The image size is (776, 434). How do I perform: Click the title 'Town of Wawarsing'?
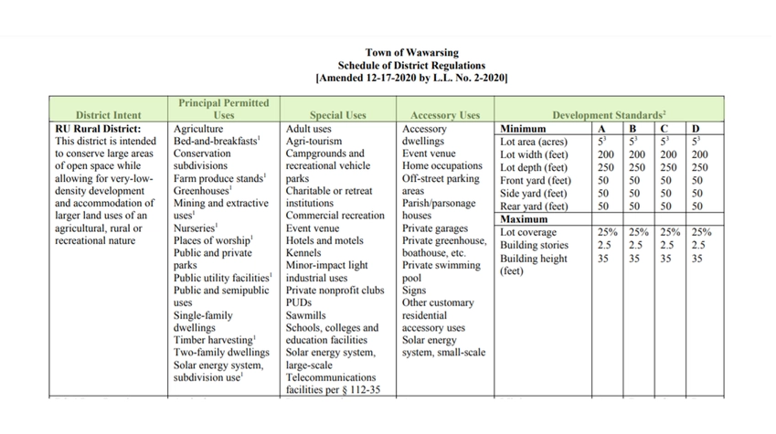(411, 53)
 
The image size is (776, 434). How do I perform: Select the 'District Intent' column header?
(108, 116)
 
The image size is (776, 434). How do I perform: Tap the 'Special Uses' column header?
(337, 116)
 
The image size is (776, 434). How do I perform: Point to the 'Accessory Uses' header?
(444, 116)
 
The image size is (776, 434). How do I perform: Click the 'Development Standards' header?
(603, 116)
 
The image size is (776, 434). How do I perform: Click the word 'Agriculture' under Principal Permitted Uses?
(198, 130)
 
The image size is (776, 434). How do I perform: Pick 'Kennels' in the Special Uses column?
(304, 253)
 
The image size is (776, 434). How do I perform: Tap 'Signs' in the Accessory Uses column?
(414, 291)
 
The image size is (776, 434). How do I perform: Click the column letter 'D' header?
(696, 130)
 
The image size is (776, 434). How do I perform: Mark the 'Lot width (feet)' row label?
(534, 155)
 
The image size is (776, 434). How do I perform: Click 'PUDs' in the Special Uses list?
(300, 302)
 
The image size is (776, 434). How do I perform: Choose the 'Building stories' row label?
(534, 246)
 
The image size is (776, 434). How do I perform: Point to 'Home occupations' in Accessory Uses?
(442, 167)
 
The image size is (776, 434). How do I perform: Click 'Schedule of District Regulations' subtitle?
(411, 66)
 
